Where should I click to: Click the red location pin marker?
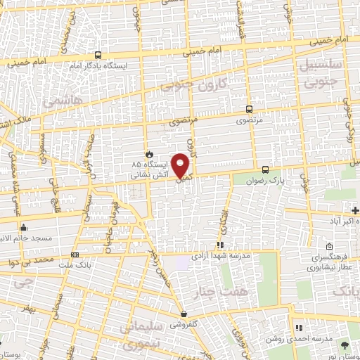coord(181,166)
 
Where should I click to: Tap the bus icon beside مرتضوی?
coord(249,109)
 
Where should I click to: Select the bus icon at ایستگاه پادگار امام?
coord(97,55)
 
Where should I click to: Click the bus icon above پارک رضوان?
coord(265,169)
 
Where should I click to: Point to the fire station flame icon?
coord(148,153)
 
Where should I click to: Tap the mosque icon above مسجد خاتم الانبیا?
coord(24,227)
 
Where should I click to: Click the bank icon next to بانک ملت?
coord(75,255)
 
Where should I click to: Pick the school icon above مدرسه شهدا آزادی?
coord(220,245)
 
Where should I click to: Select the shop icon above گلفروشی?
coord(184,314)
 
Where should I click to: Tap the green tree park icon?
coord(345,345)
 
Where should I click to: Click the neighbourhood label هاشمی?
coord(63,102)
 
